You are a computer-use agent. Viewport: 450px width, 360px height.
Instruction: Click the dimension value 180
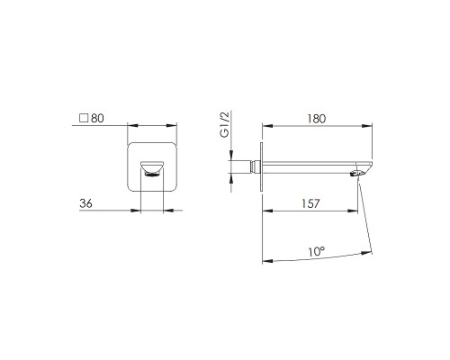pos(316,119)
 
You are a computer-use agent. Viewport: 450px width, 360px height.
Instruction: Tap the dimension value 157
pos(310,203)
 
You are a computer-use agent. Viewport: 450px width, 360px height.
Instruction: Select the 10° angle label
pos(317,251)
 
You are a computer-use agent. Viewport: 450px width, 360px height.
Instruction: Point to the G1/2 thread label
pos(224,124)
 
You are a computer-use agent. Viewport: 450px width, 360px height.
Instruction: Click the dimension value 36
pos(85,203)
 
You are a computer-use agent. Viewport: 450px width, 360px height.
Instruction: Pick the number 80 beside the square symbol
pos(97,118)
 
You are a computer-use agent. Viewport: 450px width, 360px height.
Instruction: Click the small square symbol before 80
pos(84,118)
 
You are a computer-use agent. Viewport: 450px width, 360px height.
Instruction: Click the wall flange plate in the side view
pos(261,166)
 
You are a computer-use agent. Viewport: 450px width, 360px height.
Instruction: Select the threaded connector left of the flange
pos(256,166)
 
